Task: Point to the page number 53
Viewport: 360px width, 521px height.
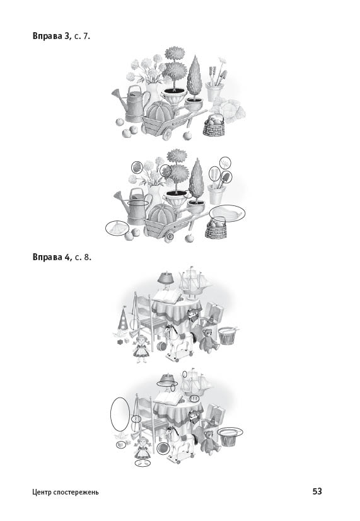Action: pyautogui.click(x=317, y=491)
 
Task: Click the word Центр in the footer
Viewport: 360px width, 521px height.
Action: pyautogui.click(x=41, y=492)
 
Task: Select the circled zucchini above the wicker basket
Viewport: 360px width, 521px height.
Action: pyautogui.click(x=228, y=213)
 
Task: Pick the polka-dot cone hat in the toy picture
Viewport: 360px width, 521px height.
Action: pyautogui.click(x=123, y=319)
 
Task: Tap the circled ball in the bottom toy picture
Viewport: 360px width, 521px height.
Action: pyautogui.click(x=163, y=448)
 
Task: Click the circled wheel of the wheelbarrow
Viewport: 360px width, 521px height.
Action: pyautogui.click(x=170, y=237)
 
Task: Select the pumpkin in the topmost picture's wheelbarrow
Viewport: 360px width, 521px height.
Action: pyautogui.click(x=160, y=112)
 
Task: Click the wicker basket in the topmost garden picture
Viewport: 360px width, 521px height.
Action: pyautogui.click(x=214, y=125)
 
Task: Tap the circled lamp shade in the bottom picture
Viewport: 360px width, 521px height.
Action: pyautogui.click(x=167, y=380)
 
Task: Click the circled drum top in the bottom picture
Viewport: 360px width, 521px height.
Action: pyautogui.click(x=230, y=432)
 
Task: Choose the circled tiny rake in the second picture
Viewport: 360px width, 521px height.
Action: pyautogui.click(x=226, y=163)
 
